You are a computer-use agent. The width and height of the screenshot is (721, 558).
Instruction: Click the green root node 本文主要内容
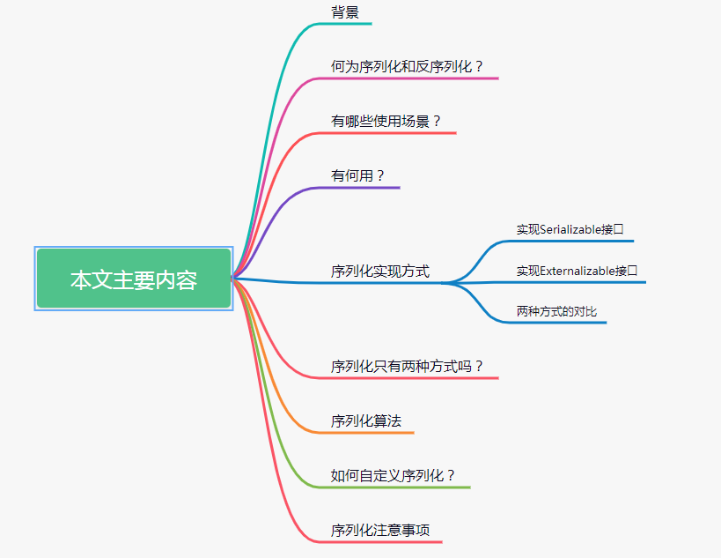coord(134,279)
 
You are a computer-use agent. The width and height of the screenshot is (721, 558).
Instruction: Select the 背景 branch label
coord(344,11)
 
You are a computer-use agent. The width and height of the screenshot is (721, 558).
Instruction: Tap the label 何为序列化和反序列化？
coord(408,66)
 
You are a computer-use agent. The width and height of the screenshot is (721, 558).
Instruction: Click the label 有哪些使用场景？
coord(386,121)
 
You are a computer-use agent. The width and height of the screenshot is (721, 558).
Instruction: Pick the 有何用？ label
coord(358,175)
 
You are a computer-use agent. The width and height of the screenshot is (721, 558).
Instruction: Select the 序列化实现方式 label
coord(380,271)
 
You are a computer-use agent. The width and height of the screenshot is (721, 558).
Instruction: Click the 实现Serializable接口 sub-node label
coord(570,229)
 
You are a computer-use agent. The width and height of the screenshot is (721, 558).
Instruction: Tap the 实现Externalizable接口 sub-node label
coord(577,271)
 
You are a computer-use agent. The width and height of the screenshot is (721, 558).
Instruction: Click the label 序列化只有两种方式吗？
coord(408,366)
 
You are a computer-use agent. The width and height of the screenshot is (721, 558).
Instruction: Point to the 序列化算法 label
coord(366,420)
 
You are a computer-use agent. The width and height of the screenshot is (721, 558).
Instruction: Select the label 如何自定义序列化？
coord(394,475)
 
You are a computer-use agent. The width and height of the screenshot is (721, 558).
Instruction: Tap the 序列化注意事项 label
coord(380,530)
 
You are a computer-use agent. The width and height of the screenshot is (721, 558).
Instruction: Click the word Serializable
coord(571,229)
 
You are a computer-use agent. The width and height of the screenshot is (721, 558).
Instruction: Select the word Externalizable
coord(578,271)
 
